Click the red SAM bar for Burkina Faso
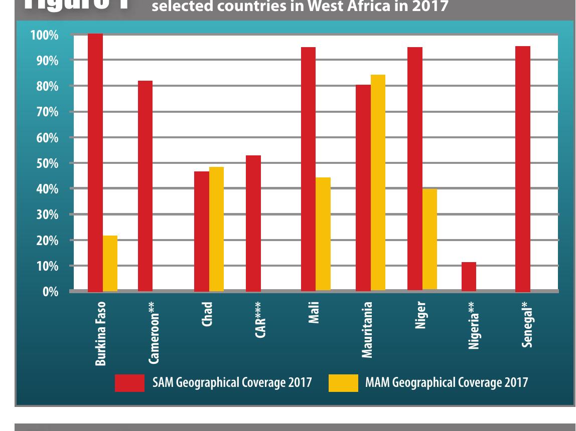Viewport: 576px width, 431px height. point(95,162)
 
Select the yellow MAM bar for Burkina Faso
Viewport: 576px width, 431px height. point(110,263)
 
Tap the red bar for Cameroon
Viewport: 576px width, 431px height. point(145,186)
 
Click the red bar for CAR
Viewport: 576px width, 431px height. point(253,224)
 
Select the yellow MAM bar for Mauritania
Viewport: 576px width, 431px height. point(378,183)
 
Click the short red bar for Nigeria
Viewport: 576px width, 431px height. point(469,277)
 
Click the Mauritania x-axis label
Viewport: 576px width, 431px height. point(368,329)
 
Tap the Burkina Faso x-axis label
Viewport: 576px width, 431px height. point(100,333)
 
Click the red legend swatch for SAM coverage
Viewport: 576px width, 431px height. point(130,382)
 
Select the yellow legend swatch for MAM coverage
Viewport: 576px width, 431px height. point(343,382)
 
